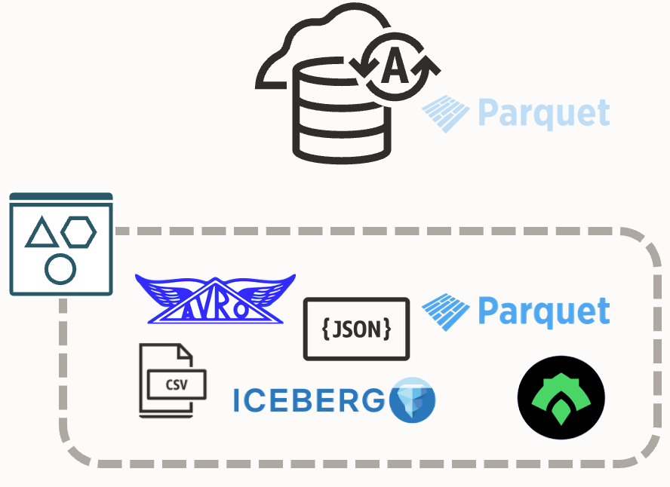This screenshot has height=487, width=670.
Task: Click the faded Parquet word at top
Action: click(543, 114)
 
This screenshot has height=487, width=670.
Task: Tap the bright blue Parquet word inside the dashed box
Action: click(543, 311)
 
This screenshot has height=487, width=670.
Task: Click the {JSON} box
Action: click(356, 329)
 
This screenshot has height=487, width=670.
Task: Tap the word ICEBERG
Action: click(309, 401)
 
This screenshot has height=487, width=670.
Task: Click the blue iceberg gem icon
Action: click(413, 400)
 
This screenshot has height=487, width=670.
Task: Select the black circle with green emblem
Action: click(561, 397)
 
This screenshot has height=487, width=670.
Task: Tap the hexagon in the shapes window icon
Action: click(78, 231)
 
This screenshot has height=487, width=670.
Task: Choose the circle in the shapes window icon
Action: click(60, 268)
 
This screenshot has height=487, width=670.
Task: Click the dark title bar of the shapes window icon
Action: click(61, 198)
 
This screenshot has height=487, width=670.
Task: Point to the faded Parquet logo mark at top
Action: click(446, 114)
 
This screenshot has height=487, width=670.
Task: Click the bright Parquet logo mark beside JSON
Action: click(446, 311)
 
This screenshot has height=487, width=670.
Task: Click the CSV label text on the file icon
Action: click(177, 384)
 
